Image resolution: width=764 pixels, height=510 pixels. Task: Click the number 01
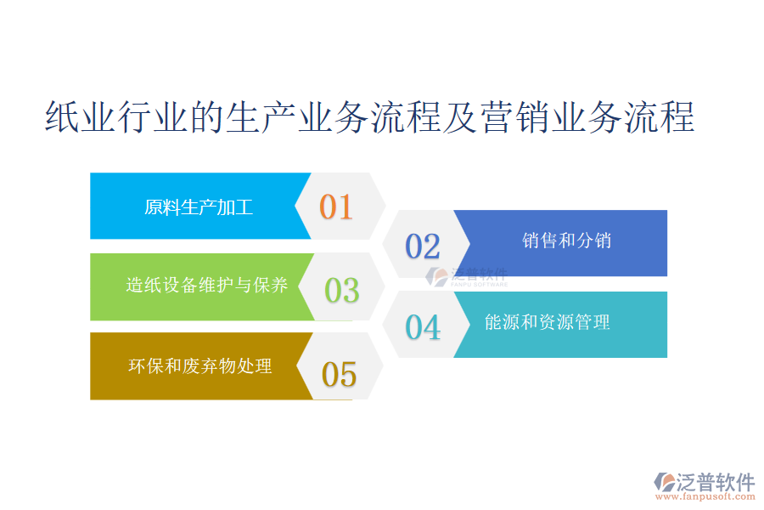pyautogui.click(x=336, y=207)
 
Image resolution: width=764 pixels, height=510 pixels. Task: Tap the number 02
pyautogui.click(x=423, y=246)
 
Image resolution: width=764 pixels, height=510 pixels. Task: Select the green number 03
pyautogui.click(x=341, y=291)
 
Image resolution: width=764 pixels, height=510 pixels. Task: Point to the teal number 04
pyautogui.click(x=423, y=327)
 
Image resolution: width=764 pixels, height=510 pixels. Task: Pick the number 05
pyautogui.click(x=339, y=375)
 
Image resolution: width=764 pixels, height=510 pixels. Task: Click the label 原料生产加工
pyautogui.click(x=199, y=207)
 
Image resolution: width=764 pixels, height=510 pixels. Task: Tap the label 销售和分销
pyautogui.click(x=566, y=240)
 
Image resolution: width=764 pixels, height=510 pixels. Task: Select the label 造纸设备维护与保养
pyautogui.click(x=206, y=285)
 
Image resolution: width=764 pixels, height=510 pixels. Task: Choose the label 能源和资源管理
pyautogui.click(x=548, y=322)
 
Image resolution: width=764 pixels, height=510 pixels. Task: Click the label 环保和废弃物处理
pyautogui.click(x=199, y=366)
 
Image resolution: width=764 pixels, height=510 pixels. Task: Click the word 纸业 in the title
pyautogui.click(x=81, y=117)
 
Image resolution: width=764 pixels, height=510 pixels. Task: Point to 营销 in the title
pyautogui.click(x=515, y=117)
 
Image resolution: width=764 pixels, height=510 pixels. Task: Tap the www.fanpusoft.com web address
pyautogui.click(x=705, y=496)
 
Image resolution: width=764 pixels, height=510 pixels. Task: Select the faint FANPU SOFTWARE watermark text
pyautogui.click(x=479, y=284)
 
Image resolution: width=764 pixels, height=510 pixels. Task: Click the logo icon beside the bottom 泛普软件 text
pyautogui.click(x=665, y=482)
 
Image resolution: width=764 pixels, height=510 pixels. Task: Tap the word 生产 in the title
pyautogui.click(x=262, y=117)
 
